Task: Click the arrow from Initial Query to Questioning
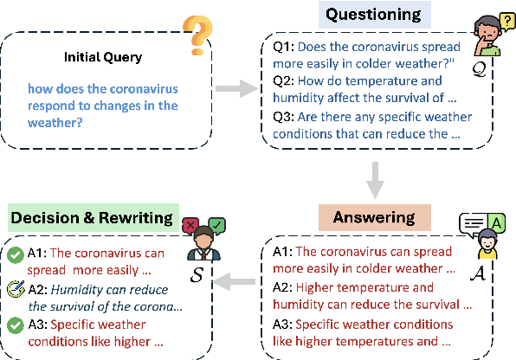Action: coord(231,89)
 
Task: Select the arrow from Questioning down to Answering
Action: coord(374,177)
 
